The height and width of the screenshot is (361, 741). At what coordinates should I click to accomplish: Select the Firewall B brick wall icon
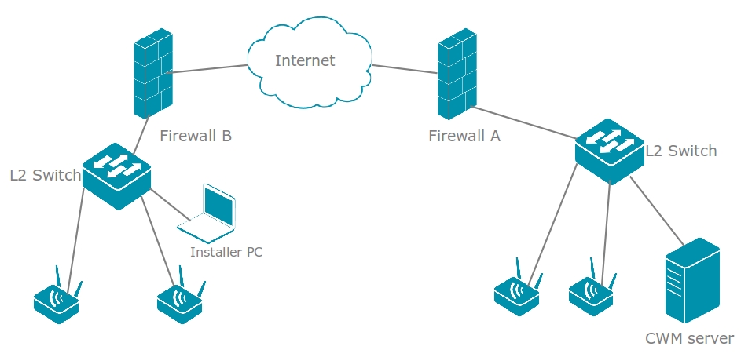point(152,74)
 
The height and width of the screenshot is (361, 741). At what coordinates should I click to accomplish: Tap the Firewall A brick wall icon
point(457,74)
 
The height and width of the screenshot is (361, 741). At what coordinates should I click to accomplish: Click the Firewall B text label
point(196,136)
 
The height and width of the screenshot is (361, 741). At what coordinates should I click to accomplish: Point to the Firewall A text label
point(464,136)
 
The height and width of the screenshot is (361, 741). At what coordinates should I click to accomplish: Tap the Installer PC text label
point(226,252)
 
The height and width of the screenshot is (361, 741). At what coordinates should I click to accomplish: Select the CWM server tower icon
point(691,280)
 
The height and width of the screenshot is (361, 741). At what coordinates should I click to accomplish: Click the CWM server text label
point(689,339)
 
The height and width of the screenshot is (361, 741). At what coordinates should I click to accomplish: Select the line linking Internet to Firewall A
point(404,69)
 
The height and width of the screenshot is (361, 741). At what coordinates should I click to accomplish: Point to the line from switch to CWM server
point(656,212)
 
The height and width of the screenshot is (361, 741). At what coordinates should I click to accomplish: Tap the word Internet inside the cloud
point(305,60)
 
